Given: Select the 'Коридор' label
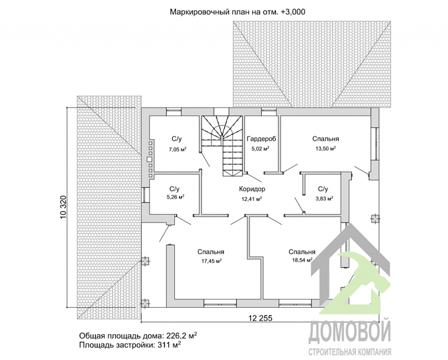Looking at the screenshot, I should point(252,189).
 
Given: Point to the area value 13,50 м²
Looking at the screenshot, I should point(325,148).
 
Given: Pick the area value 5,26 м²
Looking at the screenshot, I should point(175,197).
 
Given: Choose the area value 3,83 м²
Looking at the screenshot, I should point(324,198).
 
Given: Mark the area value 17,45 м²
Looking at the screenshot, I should point(211,261).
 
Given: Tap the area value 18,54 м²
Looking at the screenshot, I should point(301,261).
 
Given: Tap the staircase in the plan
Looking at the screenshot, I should point(224,144).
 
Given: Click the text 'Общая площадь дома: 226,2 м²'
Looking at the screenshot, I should point(138,335).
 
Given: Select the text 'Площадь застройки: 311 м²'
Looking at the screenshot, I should point(130,346).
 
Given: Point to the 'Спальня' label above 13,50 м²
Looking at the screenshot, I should point(325,139).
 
